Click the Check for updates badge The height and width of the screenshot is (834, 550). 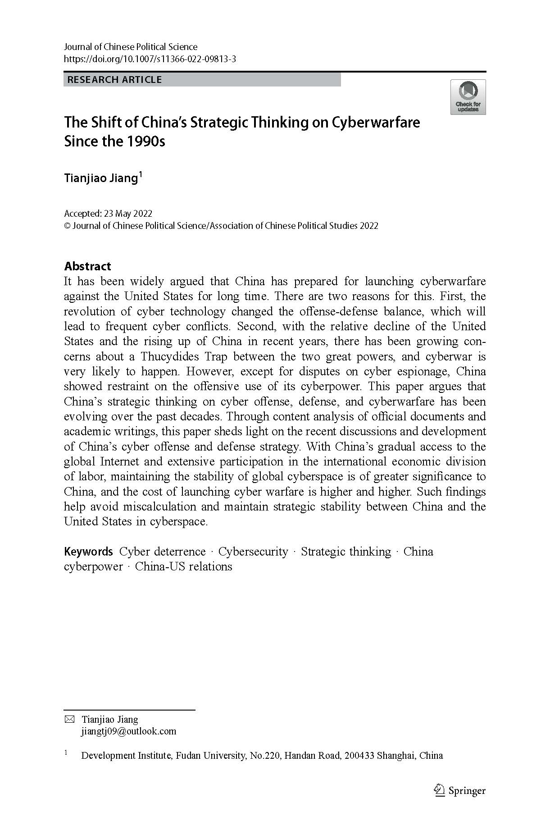click(x=468, y=97)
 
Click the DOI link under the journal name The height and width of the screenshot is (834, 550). click(x=150, y=59)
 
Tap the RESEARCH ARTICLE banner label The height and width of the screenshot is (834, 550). click(x=114, y=80)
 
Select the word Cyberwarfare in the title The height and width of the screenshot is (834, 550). click(x=376, y=122)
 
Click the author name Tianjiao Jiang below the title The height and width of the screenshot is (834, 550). click(x=100, y=178)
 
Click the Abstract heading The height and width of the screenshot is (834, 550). click(x=87, y=266)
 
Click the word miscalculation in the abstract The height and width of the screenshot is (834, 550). click(x=151, y=506)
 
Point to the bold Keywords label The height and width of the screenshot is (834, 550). click(x=88, y=551)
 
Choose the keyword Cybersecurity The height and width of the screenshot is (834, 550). click(x=253, y=551)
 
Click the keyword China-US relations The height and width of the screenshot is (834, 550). click(x=183, y=566)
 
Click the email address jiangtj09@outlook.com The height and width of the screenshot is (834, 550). click(x=128, y=731)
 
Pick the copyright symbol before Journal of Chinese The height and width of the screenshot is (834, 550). click(x=67, y=226)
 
